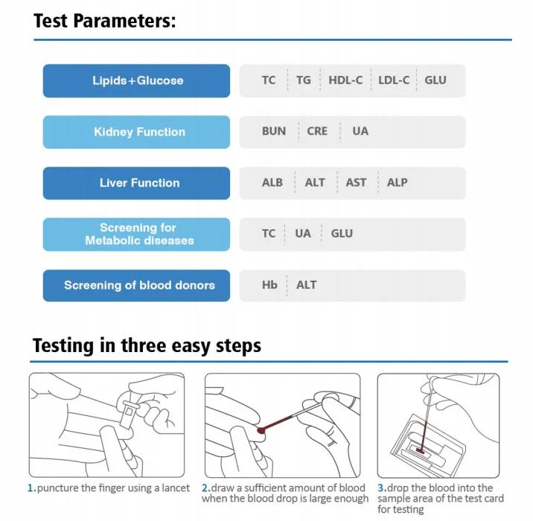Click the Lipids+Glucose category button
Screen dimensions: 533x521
tap(136, 80)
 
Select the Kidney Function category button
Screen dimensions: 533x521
tap(136, 132)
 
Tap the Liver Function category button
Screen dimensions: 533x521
tap(136, 183)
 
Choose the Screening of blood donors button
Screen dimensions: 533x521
tap(136, 286)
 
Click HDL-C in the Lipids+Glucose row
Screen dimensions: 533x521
tap(345, 80)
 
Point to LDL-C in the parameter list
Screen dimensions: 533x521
tap(394, 80)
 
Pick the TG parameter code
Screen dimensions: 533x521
tap(303, 80)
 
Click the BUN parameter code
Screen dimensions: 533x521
tap(274, 131)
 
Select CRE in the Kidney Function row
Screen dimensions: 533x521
tap(317, 131)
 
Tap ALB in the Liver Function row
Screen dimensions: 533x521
tap(272, 182)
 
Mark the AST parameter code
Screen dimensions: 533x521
tap(356, 182)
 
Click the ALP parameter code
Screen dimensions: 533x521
tap(397, 182)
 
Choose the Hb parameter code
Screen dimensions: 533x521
tap(269, 285)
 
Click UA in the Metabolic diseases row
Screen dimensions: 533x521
tap(303, 234)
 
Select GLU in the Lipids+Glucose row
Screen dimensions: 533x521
tap(435, 80)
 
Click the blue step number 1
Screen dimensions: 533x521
tap(31, 488)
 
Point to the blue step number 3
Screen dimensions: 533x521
tap(382, 488)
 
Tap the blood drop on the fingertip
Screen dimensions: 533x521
tap(261, 431)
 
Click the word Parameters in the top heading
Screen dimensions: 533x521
tap(124, 21)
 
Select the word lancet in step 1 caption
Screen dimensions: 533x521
tap(176, 488)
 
